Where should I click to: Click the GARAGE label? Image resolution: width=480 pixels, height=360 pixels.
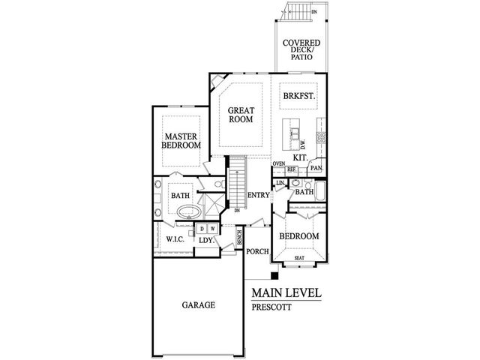click(198, 305)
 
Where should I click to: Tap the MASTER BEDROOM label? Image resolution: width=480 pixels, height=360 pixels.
click(181, 140)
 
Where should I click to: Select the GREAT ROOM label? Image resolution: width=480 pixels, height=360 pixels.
click(240, 114)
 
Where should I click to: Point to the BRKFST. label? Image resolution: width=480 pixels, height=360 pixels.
click(298, 96)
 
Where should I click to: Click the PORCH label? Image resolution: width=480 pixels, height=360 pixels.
click(258, 251)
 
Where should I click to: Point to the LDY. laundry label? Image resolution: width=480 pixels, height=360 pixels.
click(208, 241)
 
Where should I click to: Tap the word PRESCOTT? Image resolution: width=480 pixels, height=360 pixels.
click(272, 307)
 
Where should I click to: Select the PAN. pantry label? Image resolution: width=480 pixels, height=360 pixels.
click(316, 169)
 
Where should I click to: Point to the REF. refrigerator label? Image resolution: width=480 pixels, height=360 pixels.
click(292, 170)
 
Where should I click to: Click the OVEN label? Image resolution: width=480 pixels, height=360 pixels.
click(279, 163)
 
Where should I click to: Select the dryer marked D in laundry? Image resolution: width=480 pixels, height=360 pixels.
click(202, 228)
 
